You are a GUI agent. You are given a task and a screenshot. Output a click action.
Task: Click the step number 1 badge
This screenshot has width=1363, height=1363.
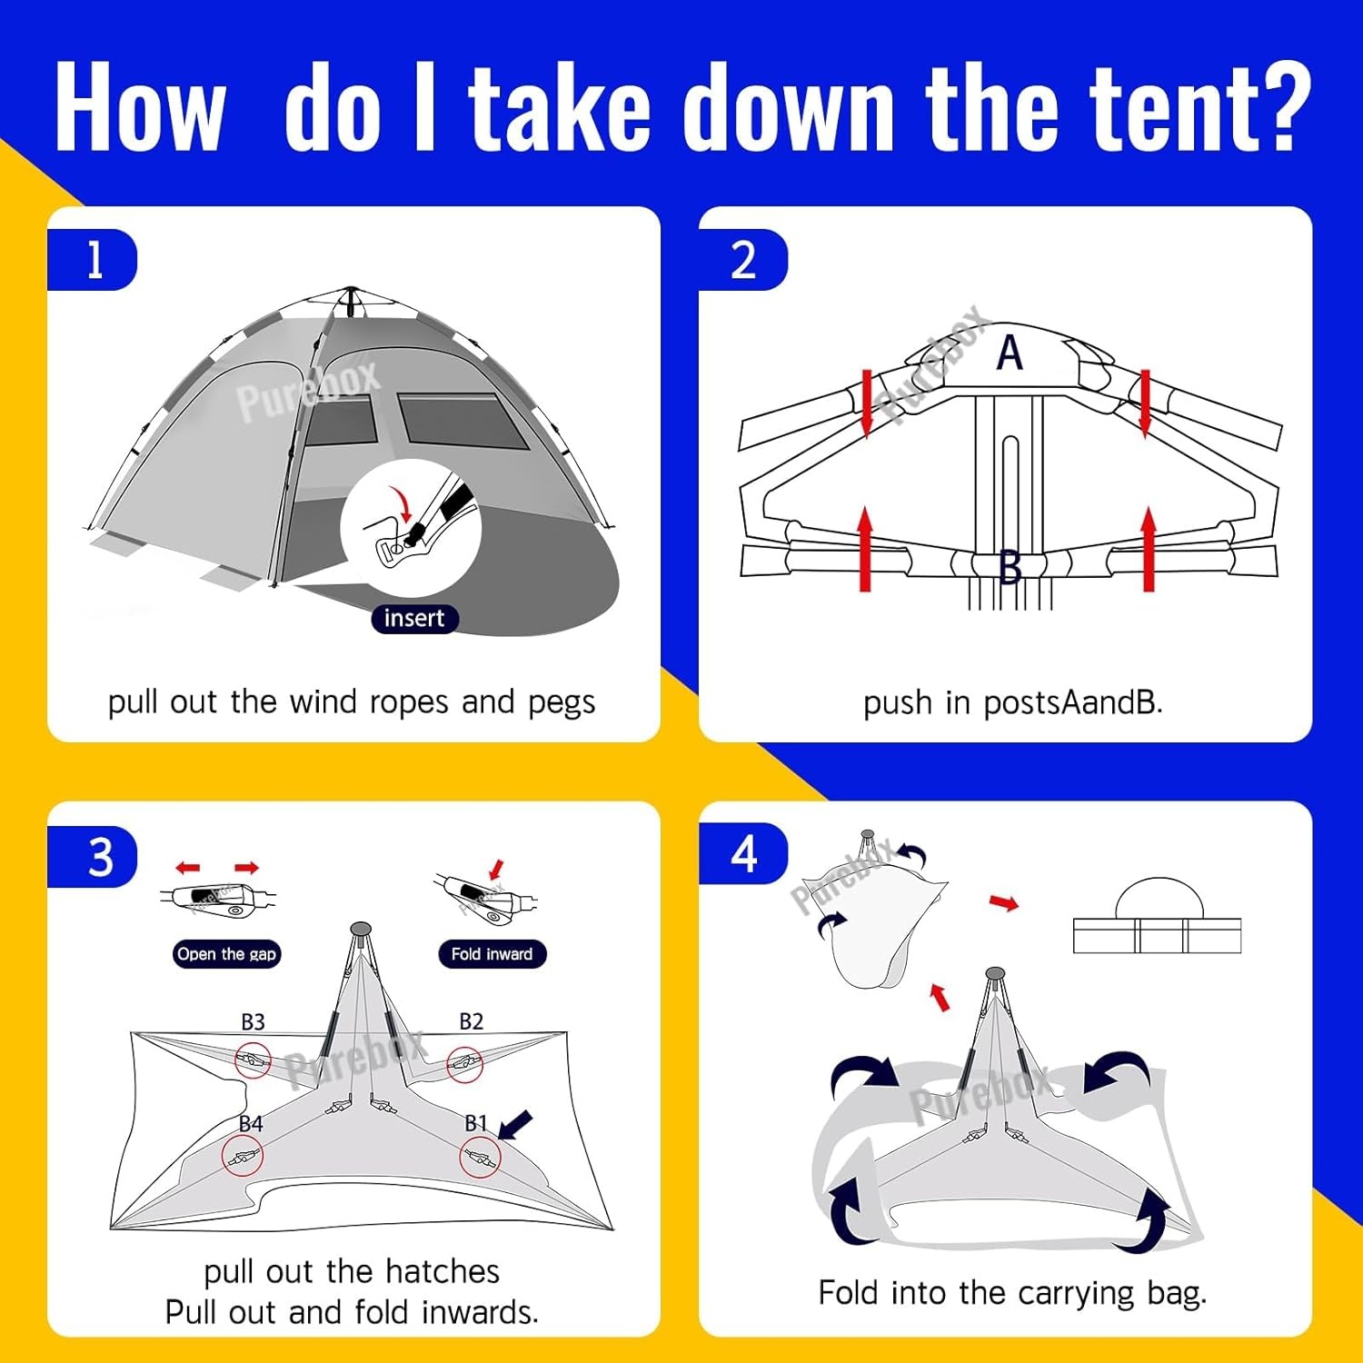pyautogui.click(x=93, y=261)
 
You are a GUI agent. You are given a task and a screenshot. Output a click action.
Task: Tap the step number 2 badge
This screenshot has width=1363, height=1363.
pyautogui.click(x=743, y=261)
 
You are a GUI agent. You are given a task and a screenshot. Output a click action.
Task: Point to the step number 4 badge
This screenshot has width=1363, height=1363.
pyautogui.click(x=744, y=854)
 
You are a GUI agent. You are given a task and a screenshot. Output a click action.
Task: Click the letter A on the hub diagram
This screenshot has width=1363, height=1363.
pyautogui.click(x=1010, y=353)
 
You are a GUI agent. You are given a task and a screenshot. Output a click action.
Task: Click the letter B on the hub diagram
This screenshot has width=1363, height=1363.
pyautogui.click(x=1010, y=568)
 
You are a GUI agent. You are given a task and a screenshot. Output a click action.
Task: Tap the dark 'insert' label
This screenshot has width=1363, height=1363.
pyautogui.click(x=414, y=619)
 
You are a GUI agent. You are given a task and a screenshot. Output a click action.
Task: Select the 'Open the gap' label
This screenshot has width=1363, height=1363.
pyautogui.click(x=226, y=954)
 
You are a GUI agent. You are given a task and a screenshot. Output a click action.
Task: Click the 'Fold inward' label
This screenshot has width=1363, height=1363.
pyautogui.click(x=492, y=954)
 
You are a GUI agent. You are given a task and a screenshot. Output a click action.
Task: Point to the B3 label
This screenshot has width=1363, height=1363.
pyautogui.click(x=253, y=1021)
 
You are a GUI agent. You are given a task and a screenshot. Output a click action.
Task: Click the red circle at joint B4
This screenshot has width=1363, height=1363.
pyautogui.click(x=242, y=1157)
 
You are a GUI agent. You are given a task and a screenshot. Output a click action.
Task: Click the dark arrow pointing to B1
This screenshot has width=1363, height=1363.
pyautogui.click(x=515, y=1126)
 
